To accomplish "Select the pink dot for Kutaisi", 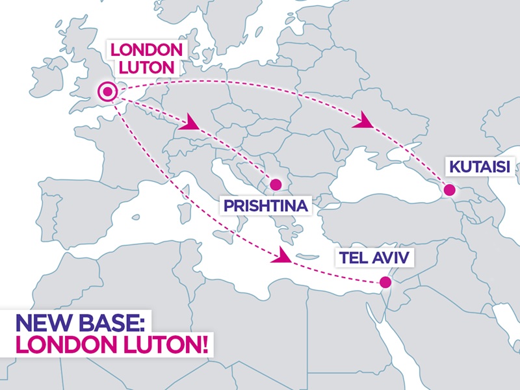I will pyautogui.click(x=448, y=190).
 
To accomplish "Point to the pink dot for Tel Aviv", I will pyautogui.click(x=385, y=282).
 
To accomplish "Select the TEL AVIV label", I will pyautogui.click(x=373, y=258).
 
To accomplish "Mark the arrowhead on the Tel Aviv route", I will pyautogui.click(x=284, y=255).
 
